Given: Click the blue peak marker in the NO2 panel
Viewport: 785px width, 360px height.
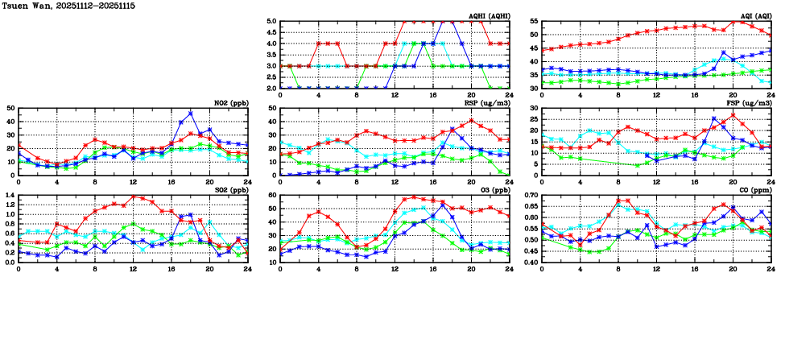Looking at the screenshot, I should [x=191, y=114].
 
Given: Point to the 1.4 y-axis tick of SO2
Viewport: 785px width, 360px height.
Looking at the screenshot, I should [x=10, y=195].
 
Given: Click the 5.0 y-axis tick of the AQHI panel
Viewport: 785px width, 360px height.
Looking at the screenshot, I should [x=271, y=22].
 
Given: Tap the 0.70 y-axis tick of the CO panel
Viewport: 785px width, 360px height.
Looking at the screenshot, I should [x=531, y=195].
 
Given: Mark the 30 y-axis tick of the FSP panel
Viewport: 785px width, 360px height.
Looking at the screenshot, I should [x=534, y=109].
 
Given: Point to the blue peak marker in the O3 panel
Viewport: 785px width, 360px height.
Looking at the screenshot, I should [x=442, y=205].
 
